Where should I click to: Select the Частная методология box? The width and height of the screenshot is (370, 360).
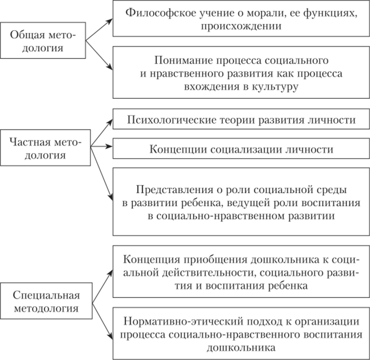(45, 149)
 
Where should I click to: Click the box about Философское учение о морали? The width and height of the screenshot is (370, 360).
(241, 19)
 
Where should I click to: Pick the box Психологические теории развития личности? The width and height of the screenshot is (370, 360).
(241, 120)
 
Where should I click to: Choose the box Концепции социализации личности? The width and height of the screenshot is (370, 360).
(241, 149)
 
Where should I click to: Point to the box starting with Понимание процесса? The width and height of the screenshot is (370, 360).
(241, 72)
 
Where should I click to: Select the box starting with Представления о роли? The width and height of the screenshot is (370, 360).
(241, 202)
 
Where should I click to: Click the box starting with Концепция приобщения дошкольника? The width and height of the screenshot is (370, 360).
(241, 272)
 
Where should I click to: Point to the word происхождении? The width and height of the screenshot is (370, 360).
(241, 25)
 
